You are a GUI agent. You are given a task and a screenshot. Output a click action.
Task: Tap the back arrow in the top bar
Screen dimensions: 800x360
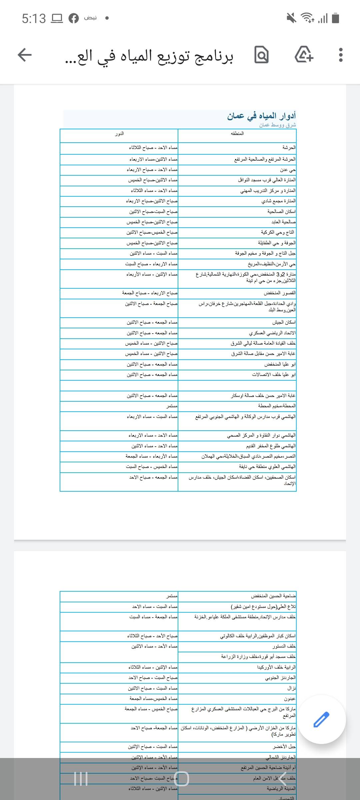click(x=25, y=55)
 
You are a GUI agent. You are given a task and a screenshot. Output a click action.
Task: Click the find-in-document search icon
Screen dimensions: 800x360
click(x=261, y=55)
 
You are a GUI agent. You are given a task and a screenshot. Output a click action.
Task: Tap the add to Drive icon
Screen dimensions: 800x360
click(x=304, y=55)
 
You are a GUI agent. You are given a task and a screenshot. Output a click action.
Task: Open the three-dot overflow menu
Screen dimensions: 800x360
click(x=340, y=55)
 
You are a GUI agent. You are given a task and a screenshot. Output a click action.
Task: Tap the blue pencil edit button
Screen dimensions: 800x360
click(x=321, y=719)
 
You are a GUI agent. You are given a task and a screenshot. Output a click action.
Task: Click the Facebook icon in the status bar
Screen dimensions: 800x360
click(x=74, y=18)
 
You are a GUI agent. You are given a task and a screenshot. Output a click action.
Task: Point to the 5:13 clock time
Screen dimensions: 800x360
click(x=34, y=18)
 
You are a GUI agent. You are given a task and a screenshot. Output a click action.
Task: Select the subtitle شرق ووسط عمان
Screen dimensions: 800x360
click(x=277, y=125)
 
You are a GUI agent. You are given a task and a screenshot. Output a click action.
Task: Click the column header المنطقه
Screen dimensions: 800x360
click(x=237, y=134)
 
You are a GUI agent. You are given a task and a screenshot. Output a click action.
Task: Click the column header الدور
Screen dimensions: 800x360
click(x=119, y=134)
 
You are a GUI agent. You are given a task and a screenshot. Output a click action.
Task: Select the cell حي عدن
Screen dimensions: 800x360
click(x=288, y=170)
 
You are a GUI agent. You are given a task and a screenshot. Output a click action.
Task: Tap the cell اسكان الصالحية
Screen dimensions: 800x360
click(x=281, y=212)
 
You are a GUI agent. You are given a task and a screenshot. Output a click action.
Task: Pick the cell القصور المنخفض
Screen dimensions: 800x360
click(x=280, y=293)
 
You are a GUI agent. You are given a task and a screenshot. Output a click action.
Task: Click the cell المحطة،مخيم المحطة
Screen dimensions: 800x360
click(x=277, y=406)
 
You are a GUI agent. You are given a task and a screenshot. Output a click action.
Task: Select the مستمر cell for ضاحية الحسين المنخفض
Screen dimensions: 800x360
click(x=172, y=596)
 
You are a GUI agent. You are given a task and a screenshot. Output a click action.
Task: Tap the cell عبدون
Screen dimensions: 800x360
click(x=290, y=699)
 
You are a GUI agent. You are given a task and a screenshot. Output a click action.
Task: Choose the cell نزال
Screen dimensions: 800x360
click(x=292, y=688)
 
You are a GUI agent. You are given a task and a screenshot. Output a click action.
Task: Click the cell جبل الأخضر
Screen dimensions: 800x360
click(x=284, y=747)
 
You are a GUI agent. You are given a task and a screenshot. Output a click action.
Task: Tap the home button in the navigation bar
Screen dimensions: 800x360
click(x=181, y=779)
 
